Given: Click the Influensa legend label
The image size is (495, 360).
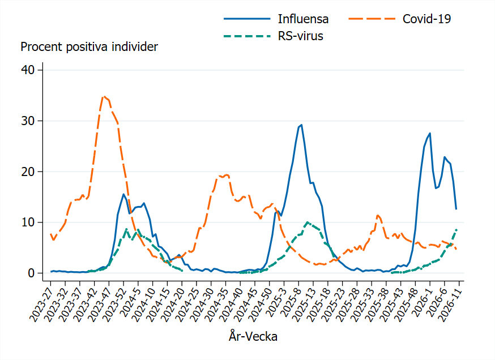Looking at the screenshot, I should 302,19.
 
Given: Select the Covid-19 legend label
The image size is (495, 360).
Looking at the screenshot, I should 426,19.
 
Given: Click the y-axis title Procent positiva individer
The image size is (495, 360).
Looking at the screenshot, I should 89,47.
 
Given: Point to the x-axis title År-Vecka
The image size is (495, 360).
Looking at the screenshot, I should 253,336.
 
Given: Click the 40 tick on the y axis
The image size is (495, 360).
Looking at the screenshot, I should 29,70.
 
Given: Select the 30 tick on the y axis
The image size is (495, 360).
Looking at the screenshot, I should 29,121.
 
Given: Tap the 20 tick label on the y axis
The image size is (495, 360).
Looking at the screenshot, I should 29,172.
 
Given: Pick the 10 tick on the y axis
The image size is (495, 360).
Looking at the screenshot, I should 29,222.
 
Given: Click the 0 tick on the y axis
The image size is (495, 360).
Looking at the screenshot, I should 32,273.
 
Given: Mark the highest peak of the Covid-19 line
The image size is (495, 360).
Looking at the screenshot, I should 104,96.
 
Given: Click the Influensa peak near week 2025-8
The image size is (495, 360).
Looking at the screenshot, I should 301,125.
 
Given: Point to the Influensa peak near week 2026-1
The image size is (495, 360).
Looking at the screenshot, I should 430,133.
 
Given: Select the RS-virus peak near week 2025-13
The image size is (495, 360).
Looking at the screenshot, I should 307,222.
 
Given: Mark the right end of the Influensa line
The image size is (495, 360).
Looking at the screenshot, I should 456,209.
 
